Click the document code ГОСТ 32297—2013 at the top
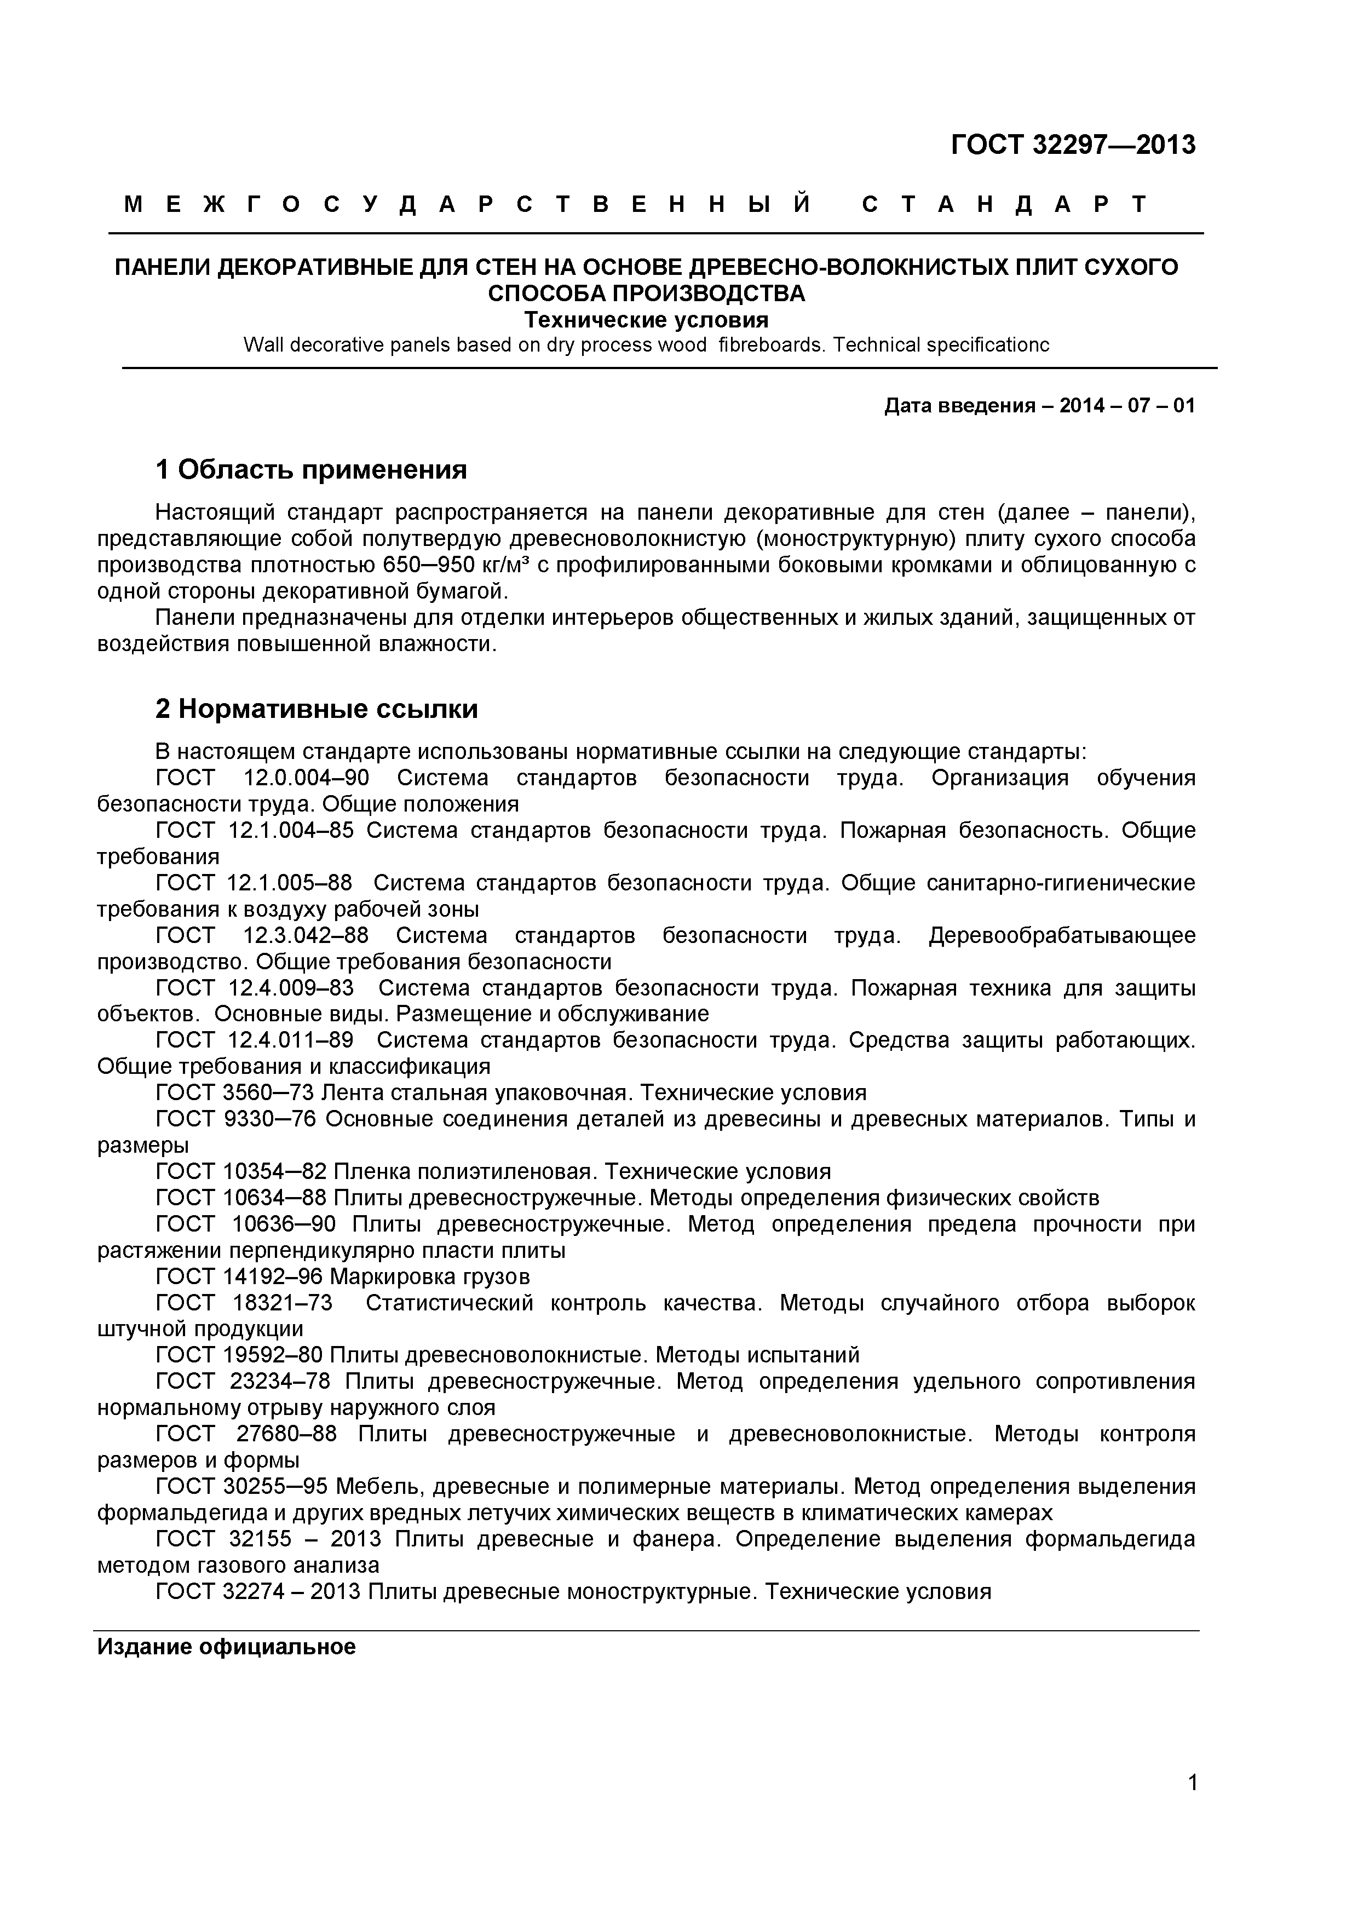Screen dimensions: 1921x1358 click(1073, 146)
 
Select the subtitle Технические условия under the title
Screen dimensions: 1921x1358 click(646, 320)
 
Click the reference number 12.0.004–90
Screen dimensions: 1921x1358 click(306, 778)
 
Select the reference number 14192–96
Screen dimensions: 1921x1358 click(274, 1277)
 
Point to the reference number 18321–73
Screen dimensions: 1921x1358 click(280, 1303)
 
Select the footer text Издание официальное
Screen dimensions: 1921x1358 click(226, 1647)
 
